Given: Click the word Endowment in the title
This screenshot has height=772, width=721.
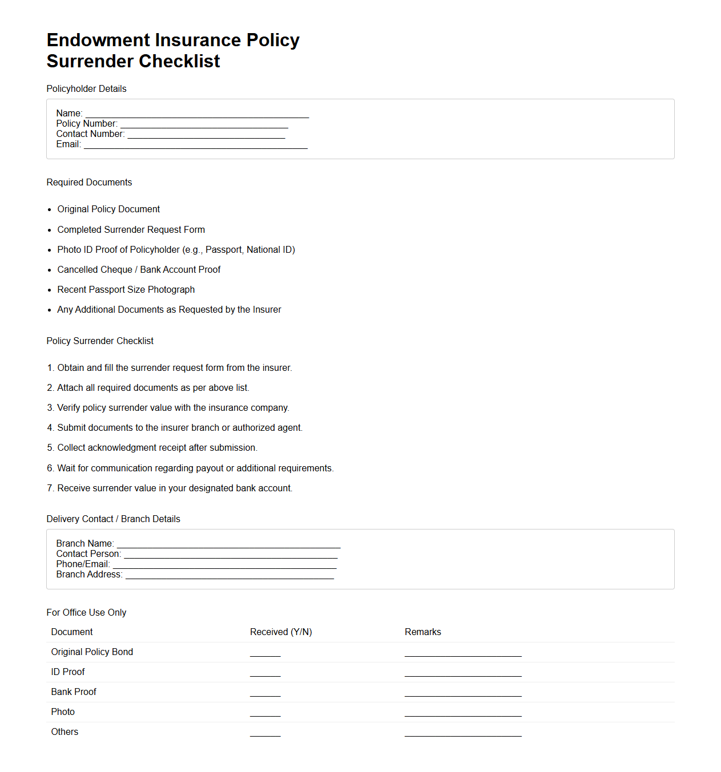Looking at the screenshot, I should [x=98, y=41].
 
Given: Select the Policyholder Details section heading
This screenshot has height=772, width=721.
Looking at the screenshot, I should [x=86, y=89].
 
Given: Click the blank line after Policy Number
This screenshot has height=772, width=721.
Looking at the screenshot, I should [x=204, y=125].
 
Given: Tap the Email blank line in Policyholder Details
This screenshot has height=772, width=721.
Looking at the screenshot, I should [x=195, y=145].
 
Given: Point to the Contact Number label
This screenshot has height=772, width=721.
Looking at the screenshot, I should [x=90, y=134].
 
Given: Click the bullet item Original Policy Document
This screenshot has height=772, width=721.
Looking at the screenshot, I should [x=108, y=209].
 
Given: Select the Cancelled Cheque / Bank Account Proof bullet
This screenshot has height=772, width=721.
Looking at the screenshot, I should [x=139, y=270].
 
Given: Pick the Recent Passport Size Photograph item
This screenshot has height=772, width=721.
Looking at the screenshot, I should [x=126, y=290].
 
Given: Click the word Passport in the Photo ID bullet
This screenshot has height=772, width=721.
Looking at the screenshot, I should [x=223, y=250].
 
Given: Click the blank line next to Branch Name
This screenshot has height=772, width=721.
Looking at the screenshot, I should [x=228, y=545].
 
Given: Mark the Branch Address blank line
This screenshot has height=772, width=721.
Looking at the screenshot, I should [x=229, y=576].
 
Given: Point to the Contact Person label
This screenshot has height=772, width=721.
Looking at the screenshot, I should [x=88, y=554].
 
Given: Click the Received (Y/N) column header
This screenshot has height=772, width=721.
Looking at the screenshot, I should [x=281, y=632].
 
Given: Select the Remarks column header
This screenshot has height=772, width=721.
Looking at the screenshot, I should [x=422, y=632].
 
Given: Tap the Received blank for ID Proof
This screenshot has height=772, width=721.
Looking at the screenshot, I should [x=265, y=674].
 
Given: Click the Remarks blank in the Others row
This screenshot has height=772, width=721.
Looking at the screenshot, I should [x=463, y=734].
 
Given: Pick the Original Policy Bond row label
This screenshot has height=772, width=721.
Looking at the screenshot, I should [x=92, y=652].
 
